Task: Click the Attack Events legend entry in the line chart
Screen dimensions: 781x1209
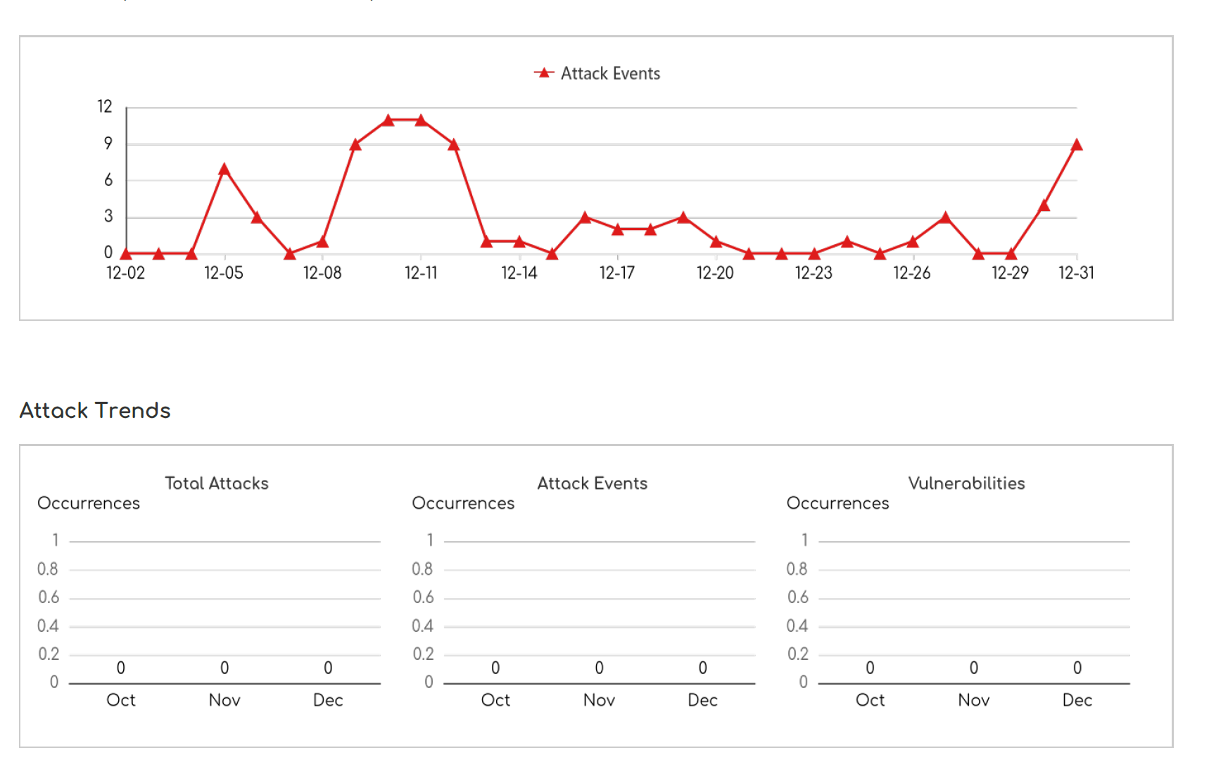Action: tap(597, 73)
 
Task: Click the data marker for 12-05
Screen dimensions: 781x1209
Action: tap(224, 170)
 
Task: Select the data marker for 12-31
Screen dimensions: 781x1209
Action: tap(1076, 145)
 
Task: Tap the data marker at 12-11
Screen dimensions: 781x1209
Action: tap(421, 120)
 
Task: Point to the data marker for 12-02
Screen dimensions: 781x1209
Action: tap(126, 253)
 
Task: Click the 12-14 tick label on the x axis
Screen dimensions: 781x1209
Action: tap(519, 273)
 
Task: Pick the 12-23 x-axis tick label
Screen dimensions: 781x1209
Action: tap(814, 273)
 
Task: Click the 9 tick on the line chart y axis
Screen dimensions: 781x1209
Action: tap(108, 144)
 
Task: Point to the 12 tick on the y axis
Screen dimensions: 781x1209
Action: tap(105, 107)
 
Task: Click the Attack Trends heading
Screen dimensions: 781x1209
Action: tap(95, 410)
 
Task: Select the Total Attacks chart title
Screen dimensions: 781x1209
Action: tap(217, 483)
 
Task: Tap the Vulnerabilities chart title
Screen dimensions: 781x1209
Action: tap(966, 483)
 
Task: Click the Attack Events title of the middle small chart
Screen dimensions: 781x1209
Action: tap(592, 483)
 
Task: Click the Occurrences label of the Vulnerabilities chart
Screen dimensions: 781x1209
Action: tap(837, 503)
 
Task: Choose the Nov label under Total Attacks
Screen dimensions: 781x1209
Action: tap(224, 700)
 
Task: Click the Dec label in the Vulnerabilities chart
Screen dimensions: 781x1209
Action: tap(1077, 700)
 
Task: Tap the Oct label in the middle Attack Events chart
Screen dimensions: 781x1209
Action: tap(495, 700)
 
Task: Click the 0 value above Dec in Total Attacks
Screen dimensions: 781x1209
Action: tap(328, 668)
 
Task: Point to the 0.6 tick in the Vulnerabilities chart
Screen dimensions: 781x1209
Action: tap(798, 597)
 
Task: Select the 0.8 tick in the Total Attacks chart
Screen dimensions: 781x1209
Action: tap(48, 569)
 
